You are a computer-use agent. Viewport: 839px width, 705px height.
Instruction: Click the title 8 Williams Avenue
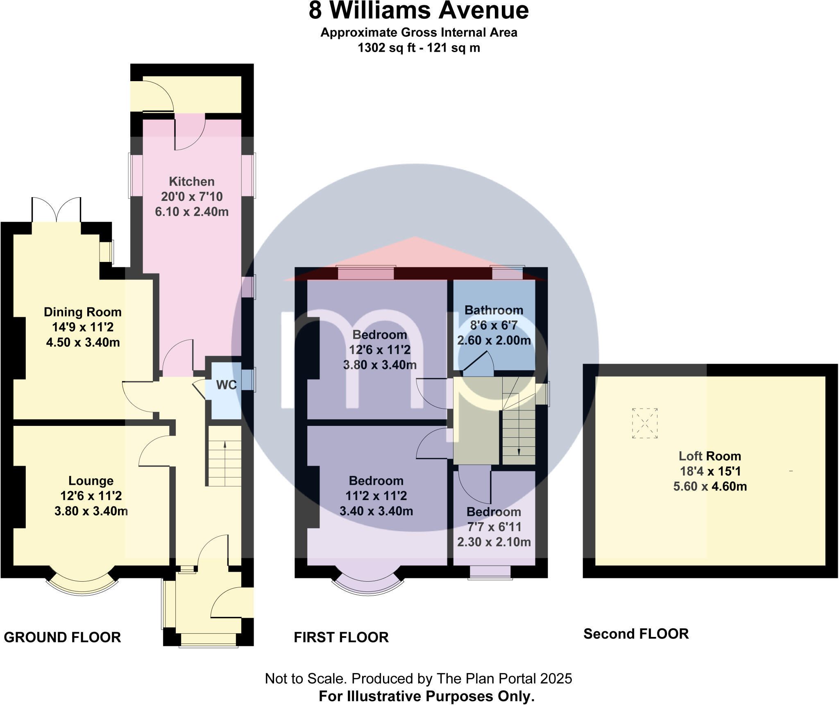point(418,11)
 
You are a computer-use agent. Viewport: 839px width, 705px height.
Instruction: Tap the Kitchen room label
point(191,182)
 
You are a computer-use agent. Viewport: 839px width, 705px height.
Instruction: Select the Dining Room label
point(83,312)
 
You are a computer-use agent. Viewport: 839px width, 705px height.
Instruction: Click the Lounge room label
point(91,481)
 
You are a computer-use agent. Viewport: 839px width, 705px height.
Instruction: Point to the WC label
point(226,385)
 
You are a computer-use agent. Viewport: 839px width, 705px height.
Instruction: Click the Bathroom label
point(494,310)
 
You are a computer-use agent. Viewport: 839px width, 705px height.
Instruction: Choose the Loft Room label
point(710,456)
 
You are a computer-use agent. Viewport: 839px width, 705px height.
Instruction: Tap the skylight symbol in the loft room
point(644,423)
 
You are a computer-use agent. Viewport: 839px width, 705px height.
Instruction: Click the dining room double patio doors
point(57,210)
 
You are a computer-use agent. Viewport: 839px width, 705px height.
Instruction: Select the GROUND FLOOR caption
point(62,637)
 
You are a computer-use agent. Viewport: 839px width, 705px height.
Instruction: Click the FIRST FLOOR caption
point(341,637)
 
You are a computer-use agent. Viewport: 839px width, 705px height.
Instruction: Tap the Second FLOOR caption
point(636,634)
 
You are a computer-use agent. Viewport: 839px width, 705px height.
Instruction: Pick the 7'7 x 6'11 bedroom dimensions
point(494,527)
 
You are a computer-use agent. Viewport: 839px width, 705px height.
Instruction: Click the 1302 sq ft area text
point(418,48)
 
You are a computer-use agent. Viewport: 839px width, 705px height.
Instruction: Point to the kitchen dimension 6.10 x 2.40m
point(191,212)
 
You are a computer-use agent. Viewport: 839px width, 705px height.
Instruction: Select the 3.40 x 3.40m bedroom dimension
point(376,511)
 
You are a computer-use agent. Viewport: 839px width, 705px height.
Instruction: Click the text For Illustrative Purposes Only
point(426,696)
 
